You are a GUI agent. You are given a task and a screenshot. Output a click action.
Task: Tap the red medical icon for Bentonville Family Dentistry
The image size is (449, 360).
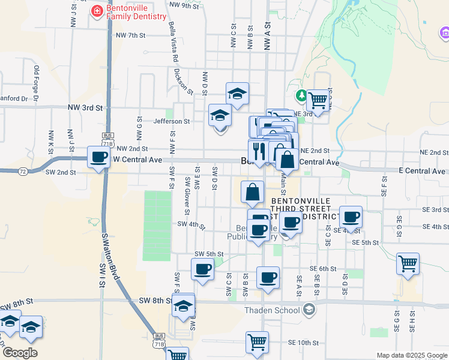tap(96, 11)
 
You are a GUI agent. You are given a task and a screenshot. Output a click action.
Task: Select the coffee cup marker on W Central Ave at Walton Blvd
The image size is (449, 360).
tap(99, 158)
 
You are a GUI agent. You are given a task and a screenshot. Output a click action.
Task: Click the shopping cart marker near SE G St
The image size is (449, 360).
tap(408, 263)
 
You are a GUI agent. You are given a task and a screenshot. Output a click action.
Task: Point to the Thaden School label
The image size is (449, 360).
tap(272, 310)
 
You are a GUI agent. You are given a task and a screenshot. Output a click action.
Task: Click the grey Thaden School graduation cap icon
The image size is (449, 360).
tap(309, 310)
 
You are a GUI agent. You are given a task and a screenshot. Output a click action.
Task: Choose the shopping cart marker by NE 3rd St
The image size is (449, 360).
tap(318, 100)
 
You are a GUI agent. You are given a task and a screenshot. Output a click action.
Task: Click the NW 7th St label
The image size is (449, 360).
tap(131, 35)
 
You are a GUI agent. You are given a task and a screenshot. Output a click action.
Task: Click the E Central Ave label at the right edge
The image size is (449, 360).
tap(423, 171)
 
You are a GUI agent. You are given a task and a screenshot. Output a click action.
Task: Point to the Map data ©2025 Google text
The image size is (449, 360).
tap(412, 355)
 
